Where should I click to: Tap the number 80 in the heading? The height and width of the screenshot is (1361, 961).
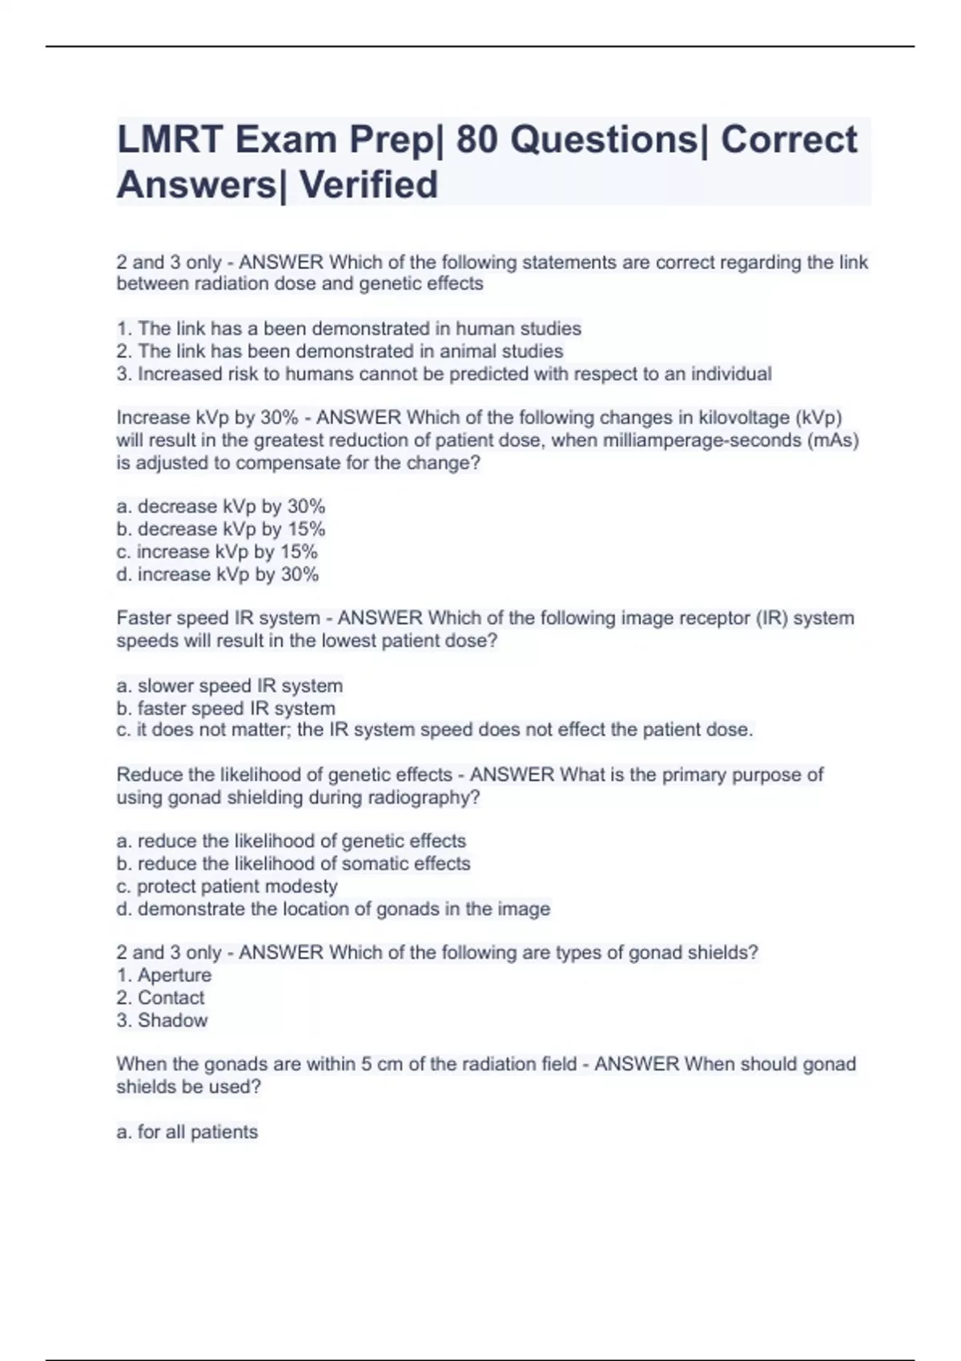coord(476,140)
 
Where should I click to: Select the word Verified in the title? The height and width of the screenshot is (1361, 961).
coord(368,185)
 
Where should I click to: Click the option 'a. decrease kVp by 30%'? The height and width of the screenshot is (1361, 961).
coord(221,507)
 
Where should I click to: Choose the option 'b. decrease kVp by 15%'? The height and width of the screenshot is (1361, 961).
coord(221,529)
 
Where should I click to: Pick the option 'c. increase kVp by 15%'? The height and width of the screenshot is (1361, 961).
coord(217,552)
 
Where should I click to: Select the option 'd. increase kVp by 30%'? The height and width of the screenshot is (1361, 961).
coord(218,574)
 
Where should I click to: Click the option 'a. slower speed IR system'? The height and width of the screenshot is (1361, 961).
coord(230,685)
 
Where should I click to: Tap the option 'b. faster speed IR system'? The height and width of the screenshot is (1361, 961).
coord(226,708)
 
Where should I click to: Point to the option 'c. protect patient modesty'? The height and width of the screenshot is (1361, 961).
coord(227,886)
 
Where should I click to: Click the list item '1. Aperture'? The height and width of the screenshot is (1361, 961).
coord(164,975)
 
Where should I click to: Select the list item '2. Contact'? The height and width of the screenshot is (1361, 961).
coord(160,998)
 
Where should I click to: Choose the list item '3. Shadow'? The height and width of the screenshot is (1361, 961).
coord(162,1020)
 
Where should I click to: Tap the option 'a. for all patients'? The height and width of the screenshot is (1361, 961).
coord(187,1132)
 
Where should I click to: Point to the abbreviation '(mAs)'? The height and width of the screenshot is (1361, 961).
coord(832,440)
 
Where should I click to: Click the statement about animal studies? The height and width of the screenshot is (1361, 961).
coord(340,351)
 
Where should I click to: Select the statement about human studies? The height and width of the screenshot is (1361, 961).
coord(349,328)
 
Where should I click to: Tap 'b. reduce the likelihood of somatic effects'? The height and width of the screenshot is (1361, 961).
coord(293,864)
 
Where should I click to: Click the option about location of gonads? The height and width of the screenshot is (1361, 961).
coord(333,909)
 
